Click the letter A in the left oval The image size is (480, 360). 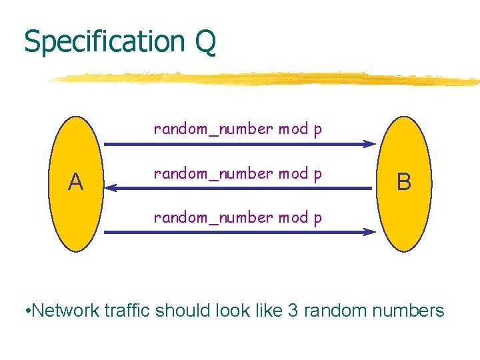[76, 181]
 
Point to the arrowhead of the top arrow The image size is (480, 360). [370, 144]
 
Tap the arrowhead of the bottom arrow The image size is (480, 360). [370, 232]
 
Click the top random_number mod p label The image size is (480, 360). [237, 129]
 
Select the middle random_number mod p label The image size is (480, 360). [237, 174]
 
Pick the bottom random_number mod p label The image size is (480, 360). [237, 218]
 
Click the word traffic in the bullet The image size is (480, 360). [133, 310]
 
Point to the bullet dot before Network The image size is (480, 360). [25, 311]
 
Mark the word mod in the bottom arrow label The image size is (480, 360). [293, 218]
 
